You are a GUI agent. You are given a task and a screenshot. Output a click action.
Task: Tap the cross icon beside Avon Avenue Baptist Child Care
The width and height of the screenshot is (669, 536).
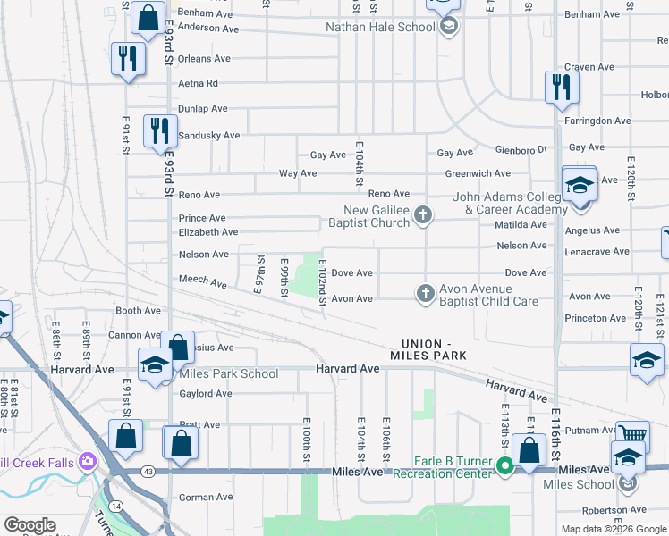(425, 292)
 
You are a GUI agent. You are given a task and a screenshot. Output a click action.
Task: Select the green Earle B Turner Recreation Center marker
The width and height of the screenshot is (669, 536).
(505, 465)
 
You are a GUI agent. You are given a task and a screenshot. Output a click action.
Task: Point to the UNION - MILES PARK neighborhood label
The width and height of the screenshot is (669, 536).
(434, 349)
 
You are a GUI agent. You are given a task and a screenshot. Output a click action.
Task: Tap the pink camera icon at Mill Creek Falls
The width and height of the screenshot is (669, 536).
(88, 461)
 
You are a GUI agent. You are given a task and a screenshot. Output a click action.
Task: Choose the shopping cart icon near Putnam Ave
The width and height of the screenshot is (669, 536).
(632, 435)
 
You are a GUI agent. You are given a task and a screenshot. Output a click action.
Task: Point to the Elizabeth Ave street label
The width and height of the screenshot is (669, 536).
(207, 232)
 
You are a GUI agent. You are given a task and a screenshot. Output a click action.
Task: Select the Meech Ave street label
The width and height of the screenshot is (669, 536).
(203, 281)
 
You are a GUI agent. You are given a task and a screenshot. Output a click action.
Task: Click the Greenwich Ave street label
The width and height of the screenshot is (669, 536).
(478, 173)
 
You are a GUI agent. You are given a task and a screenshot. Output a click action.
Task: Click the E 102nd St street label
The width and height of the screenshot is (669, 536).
(322, 281)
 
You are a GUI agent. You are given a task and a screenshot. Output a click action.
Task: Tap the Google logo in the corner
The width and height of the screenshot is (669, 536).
(29, 525)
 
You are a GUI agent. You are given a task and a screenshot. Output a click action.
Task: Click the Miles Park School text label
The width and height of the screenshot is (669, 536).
(228, 374)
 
